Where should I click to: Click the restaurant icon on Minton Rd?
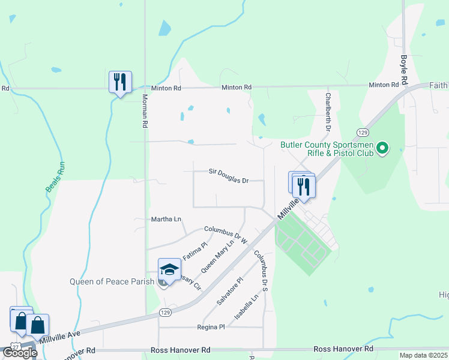point(120,82)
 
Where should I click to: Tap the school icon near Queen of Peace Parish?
point(169,270)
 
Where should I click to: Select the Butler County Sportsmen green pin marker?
point(381,147)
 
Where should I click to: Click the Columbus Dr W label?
point(226,234)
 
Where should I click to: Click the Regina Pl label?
point(211,327)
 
